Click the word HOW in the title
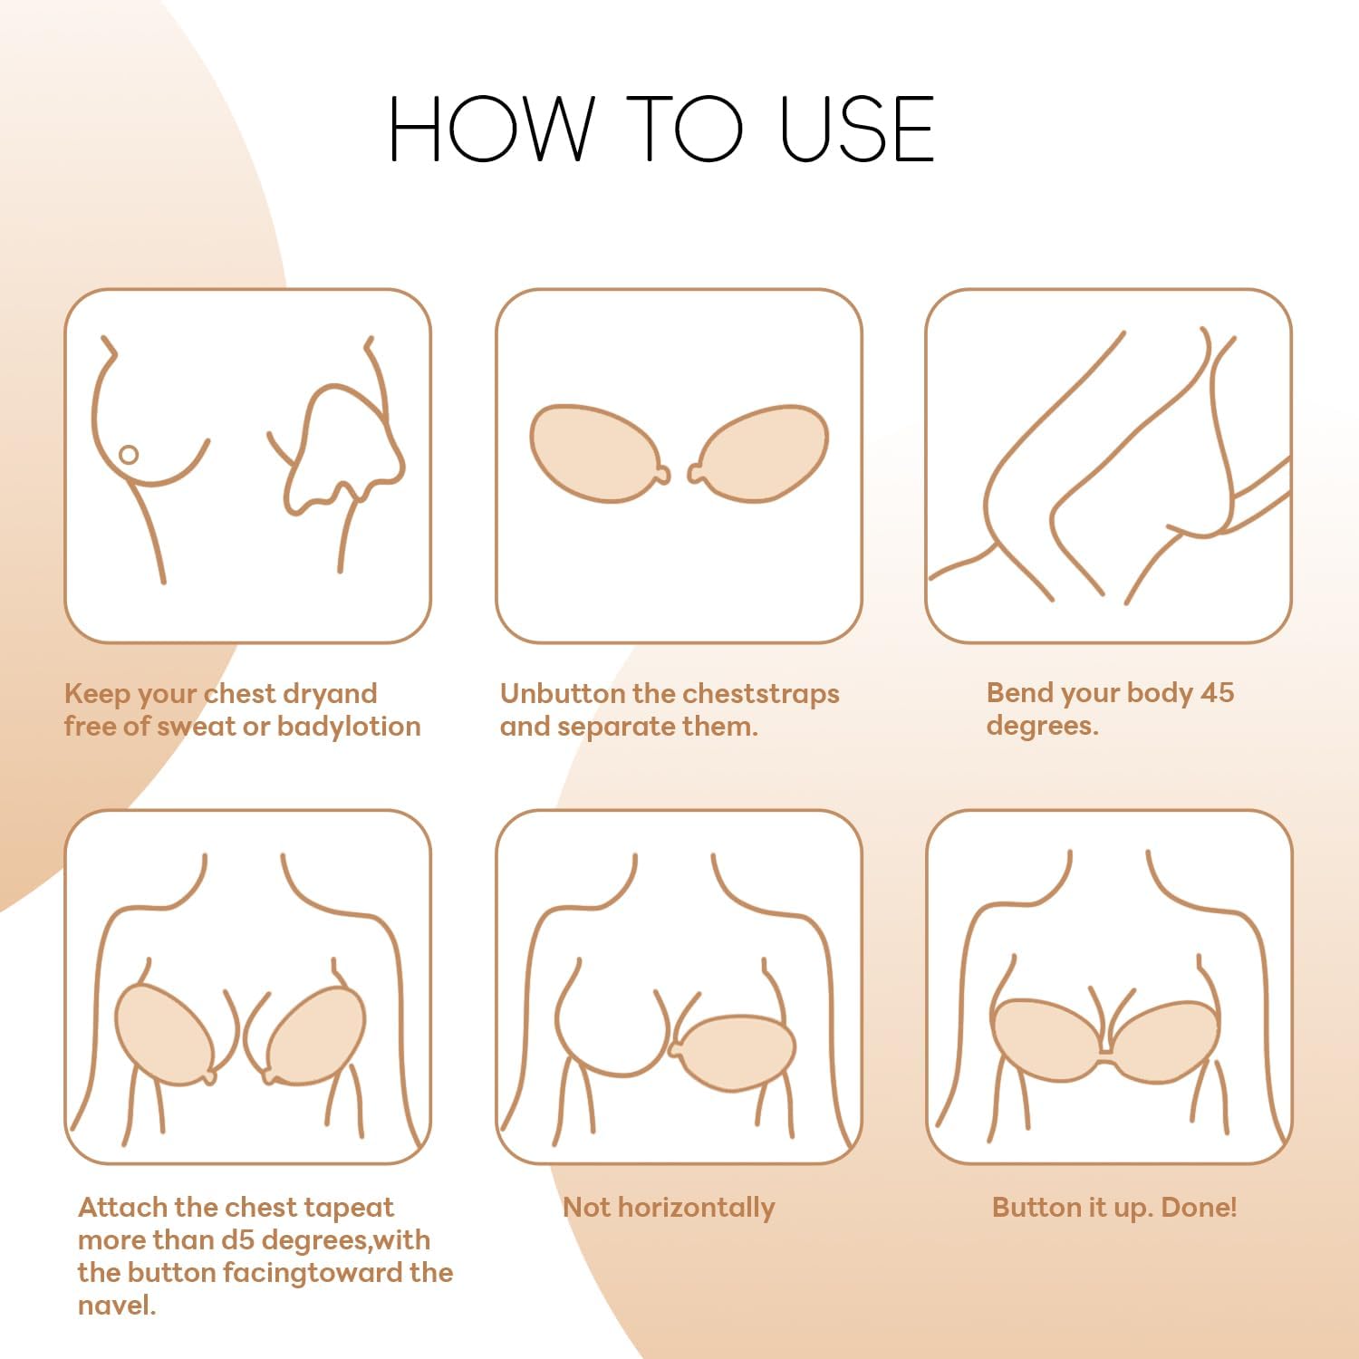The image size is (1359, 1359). click(x=490, y=130)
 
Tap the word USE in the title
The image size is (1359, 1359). click(x=856, y=130)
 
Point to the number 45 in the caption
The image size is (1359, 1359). click(x=1216, y=693)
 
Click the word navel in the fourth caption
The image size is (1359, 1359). click(x=116, y=1306)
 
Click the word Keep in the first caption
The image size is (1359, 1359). click(x=97, y=694)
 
